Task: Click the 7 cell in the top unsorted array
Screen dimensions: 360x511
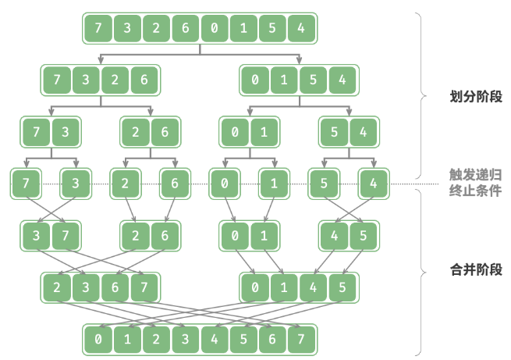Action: pyautogui.click(x=98, y=29)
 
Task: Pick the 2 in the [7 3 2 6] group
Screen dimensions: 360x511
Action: pyautogui.click(x=113, y=80)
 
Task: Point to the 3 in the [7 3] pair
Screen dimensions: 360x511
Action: pyautogui.click(x=66, y=132)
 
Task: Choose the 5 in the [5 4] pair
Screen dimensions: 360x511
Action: pyautogui.click(x=334, y=132)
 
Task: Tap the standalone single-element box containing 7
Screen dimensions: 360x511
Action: pyautogui.click(x=26, y=184)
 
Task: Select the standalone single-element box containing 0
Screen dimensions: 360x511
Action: pyautogui.click(x=224, y=184)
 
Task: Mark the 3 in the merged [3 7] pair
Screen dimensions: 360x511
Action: pyautogui.click(x=36, y=235)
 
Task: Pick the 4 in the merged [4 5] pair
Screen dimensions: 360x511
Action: pyautogui.click(x=334, y=235)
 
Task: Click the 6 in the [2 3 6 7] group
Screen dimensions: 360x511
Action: pyautogui.click(x=114, y=287)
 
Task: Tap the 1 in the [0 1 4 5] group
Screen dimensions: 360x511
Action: pyautogui.click(x=283, y=287)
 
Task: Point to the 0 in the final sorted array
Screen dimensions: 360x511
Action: pyautogui.click(x=98, y=339)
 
